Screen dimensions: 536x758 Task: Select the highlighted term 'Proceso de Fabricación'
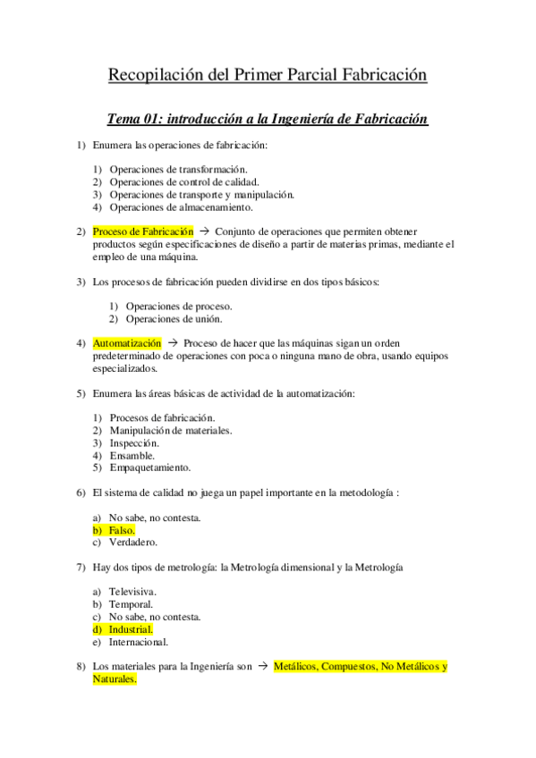[143, 232]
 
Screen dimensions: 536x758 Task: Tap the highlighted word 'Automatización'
[127, 343]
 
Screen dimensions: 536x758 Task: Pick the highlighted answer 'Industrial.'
[131, 629]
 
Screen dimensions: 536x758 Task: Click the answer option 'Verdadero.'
[133, 543]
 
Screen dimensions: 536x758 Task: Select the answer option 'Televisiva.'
[132, 592]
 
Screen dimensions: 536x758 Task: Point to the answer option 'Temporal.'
[131, 604]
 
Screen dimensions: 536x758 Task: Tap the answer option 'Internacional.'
[139, 642]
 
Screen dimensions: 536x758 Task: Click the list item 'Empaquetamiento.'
[149, 467]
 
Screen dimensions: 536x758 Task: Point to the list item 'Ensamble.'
[132, 455]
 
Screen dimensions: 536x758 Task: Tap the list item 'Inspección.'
[134, 442]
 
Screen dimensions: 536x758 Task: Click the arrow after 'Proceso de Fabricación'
[204, 232]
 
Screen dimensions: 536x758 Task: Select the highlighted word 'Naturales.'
[115, 679]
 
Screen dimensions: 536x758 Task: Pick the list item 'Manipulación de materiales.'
[170, 430]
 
